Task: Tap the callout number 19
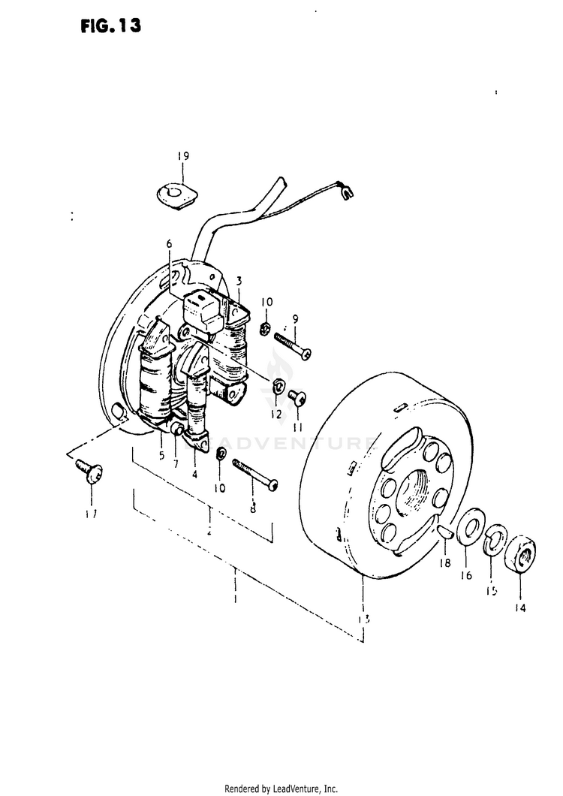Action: pyautogui.click(x=183, y=156)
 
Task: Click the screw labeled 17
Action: pyautogui.click(x=88, y=471)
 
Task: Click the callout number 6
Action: pyautogui.click(x=169, y=243)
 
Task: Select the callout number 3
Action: pyautogui.click(x=239, y=281)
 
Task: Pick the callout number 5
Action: pyautogui.click(x=161, y=454)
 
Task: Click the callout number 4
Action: pyautogui.click(x=194, y=474)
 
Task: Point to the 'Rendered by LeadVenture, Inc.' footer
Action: pyautogui.click(x=281, y=788)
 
